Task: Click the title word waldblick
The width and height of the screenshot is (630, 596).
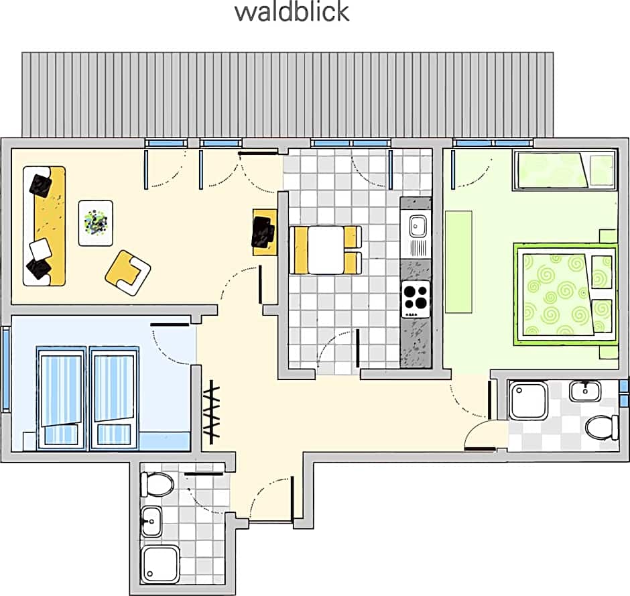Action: click(292, 12)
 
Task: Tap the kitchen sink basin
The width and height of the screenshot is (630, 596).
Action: click(418, 226)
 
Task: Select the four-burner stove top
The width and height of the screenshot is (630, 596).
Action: click(416, 300)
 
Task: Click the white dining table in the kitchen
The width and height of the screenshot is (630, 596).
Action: click(326, 250)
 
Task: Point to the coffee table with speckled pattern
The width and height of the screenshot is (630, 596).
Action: click(96, 223)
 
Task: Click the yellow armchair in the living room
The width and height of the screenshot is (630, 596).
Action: click(128, 273)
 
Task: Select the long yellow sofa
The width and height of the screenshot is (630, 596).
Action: click(44, 226)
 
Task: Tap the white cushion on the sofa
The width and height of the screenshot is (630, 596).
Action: click(41, 249)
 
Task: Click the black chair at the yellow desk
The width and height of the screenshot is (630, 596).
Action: click(263, 232)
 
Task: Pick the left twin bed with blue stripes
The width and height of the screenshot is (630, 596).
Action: click(61, 397)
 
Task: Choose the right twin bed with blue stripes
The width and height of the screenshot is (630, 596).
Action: click(114, 397)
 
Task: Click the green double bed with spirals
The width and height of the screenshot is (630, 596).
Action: click(566, 294)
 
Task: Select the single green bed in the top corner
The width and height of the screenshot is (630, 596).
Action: click(564, 170)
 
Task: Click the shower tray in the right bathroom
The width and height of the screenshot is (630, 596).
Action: click(528, 400)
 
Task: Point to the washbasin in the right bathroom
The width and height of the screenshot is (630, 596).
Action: click(585, 391)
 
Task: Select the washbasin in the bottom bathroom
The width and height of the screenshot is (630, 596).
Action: click(151, 522)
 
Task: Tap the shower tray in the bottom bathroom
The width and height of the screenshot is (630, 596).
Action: click(160, 564)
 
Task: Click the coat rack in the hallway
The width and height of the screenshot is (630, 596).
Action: click(211, 412)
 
